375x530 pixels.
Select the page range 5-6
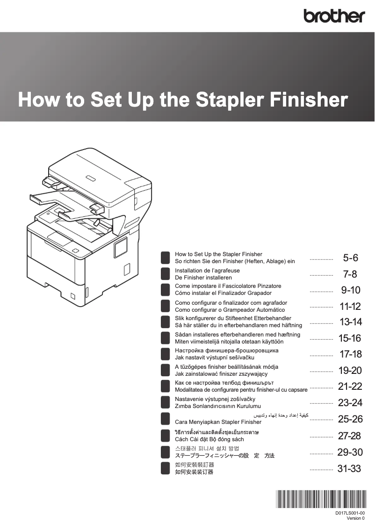(x=351, y=258)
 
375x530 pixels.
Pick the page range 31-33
(x=349, y=468)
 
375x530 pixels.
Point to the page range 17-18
(x=350, y=354)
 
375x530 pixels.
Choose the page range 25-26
(x=350, y=419)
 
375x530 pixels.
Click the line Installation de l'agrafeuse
(x=207, y=271)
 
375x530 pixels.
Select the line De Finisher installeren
(x=203, y=278)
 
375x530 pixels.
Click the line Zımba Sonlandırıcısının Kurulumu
(x=217, y=406)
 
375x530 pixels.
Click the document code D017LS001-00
(x=350, y=513)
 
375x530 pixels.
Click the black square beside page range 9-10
(x=165, y=290)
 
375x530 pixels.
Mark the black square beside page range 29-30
(x=165, y=452)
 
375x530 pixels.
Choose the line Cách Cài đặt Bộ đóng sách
(x=209, y=439)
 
